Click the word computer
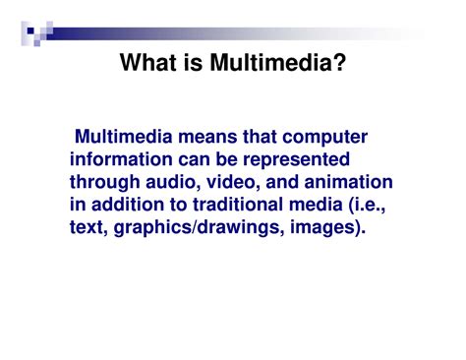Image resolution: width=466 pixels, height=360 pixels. (319, 136)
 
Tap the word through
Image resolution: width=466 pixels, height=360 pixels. (104, 182)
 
